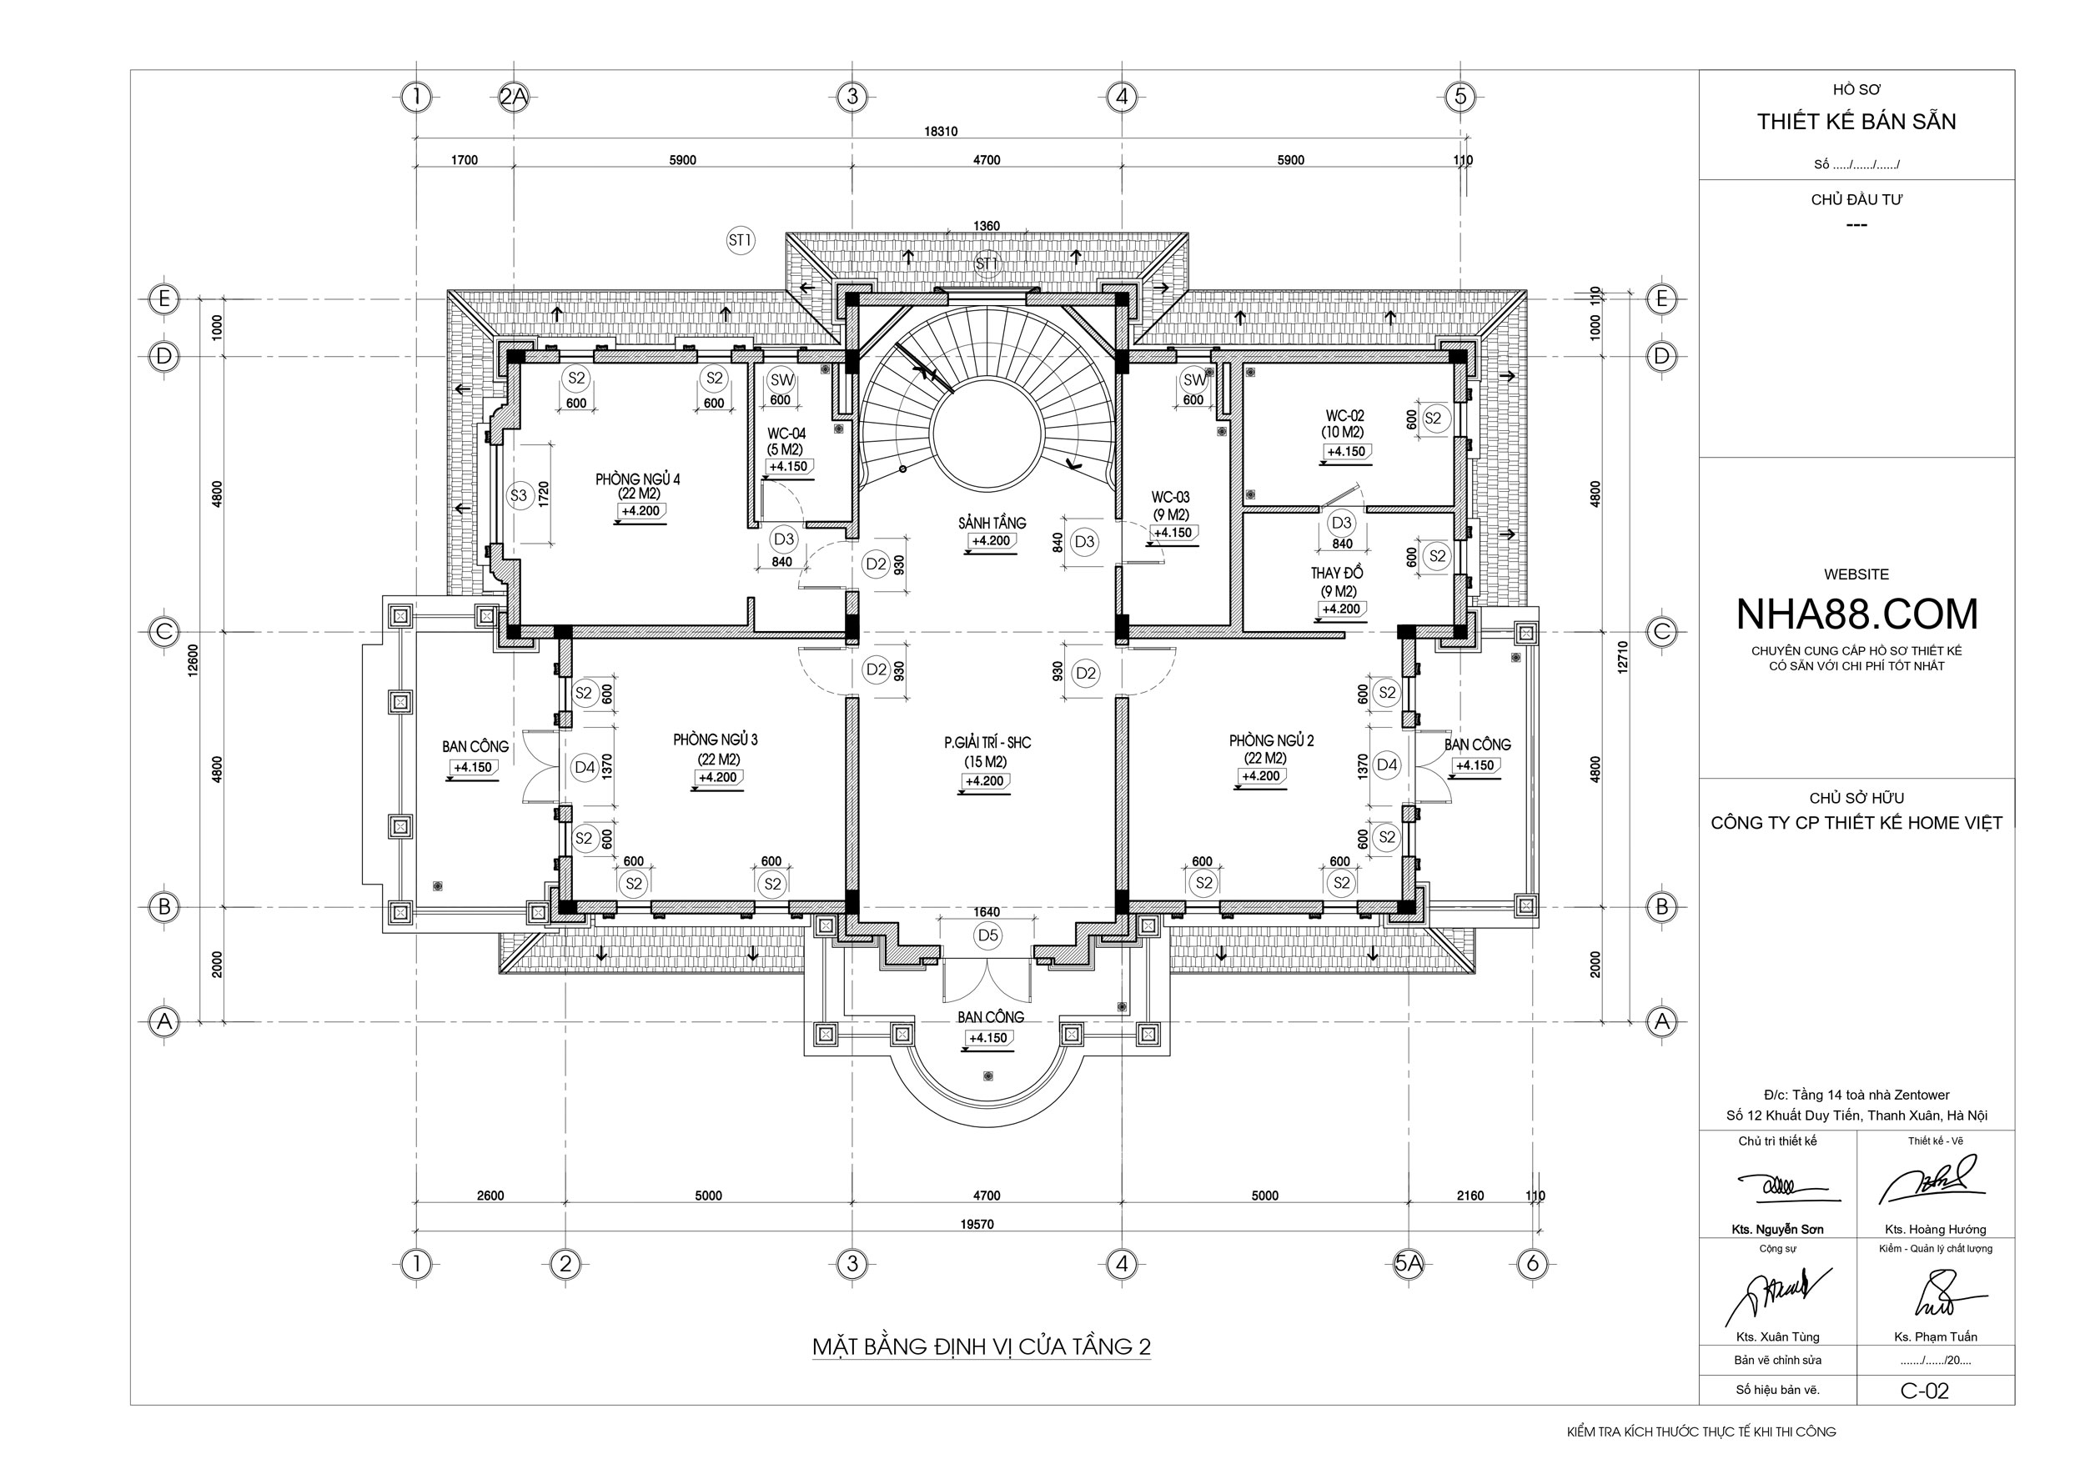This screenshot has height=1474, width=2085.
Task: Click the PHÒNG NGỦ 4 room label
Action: point(637,479)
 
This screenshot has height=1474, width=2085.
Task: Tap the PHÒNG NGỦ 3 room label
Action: point(716,740)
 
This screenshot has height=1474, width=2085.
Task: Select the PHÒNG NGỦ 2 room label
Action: point(1271,740)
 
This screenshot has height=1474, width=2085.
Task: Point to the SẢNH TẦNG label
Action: point(992,523)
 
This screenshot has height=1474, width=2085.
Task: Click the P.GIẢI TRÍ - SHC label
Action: point(987,743)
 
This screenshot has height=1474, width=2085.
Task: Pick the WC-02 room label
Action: point(1344,416)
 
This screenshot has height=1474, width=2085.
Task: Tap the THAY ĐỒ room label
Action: point(1337,573)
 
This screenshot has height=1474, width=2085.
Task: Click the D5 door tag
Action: point(987,935)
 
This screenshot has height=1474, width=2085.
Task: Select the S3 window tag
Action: point(519,495)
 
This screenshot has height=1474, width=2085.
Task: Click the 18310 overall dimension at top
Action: point(941,132)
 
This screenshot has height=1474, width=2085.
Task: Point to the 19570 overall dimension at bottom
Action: point(977,1225)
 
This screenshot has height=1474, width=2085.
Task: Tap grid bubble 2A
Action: point(514,96)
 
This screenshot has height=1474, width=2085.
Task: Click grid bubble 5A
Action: point(1409,1263)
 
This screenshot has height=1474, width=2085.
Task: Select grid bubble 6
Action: point(1533,1263)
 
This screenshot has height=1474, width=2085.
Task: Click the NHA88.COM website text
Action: point(1856,614)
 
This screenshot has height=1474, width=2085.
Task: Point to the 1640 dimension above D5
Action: point(987,912)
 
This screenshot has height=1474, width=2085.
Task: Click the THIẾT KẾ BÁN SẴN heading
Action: point(1856,122)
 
